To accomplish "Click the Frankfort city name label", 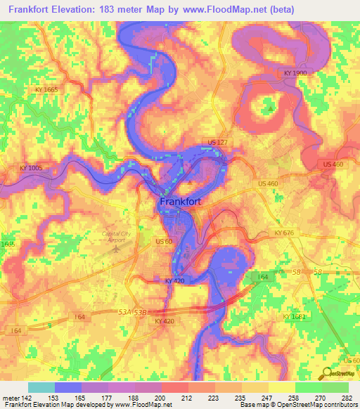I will pyautogui.click(x=181, y=202).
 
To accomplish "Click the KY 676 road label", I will pyautogui.click(x=284, y=233).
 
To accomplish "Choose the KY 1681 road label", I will pyautogui.click(x=295, y=318).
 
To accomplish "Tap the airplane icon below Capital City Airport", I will pyautogui.click(x=117, y=247).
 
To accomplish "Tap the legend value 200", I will pyautogui.click(x=160, y=398).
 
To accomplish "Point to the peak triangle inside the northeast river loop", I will pyautogui.click(x=269, y=109).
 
